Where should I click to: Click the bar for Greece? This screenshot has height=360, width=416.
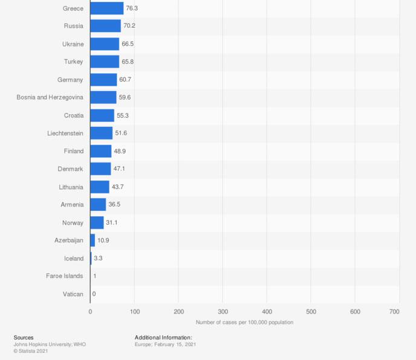pyautogui.click(x=107, y=8)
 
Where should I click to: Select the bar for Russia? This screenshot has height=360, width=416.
pyautogui.click(x=106, y=26)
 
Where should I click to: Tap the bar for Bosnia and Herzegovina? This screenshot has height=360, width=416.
pyautogui.click(x=103, y=97)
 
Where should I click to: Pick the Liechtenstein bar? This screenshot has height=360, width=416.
pyautogui.click(x=102, y=133)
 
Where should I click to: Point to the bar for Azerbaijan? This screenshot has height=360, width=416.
pyautogui.click(x=93, y=240)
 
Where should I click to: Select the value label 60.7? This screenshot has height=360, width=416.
pyautogui.click(x=126, y=80)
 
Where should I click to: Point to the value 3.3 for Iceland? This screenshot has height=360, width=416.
pyautogui.click(x=98, y=259)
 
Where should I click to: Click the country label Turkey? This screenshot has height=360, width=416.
pyautogui.click(x=74, y=62)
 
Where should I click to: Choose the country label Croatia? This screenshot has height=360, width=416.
pyautogui.click(x=73, y=115)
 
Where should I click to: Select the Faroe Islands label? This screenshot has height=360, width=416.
pyautogui.click(x=65, y=276)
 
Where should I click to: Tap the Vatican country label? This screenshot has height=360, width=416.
pyautogui.click(x=73, y=294)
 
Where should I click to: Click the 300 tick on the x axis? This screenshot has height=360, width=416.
pyautogui.click(x=223, y=312)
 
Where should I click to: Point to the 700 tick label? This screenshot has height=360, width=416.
pyautogui.click(x=394, y=312)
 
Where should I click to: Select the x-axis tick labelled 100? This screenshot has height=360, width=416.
pyautogui.click(x=134, y=312)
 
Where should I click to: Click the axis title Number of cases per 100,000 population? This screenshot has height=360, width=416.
pyautogui.click(x=244, y=322)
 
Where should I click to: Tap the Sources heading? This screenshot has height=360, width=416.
pyautogui.click(x=24, y=337)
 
